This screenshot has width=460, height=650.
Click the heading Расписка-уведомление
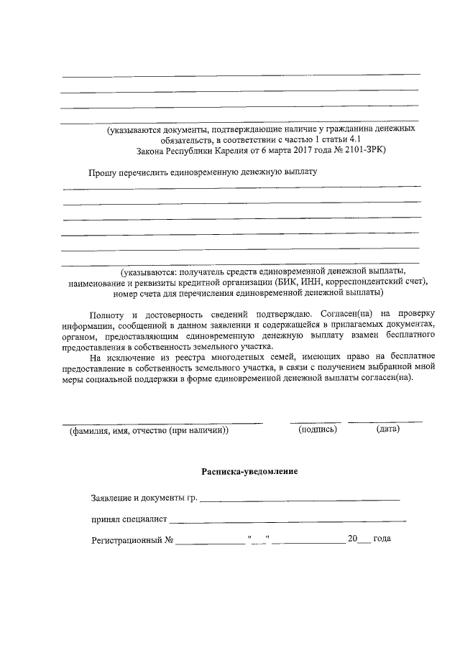tap(249, 472)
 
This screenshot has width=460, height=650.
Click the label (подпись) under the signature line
tap(317, 430)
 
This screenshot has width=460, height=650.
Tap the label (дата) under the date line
tap(387, 430)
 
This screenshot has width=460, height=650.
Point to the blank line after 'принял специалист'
tap(287, 519)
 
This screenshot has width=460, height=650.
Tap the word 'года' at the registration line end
tap(382, 539)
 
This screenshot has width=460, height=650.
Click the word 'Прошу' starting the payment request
tap(102, 173)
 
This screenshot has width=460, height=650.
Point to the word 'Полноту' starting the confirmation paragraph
tap(108, 315)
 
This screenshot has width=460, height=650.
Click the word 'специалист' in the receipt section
tap(144, 518)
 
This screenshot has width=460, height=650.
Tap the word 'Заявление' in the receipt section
tap(113, 497)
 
